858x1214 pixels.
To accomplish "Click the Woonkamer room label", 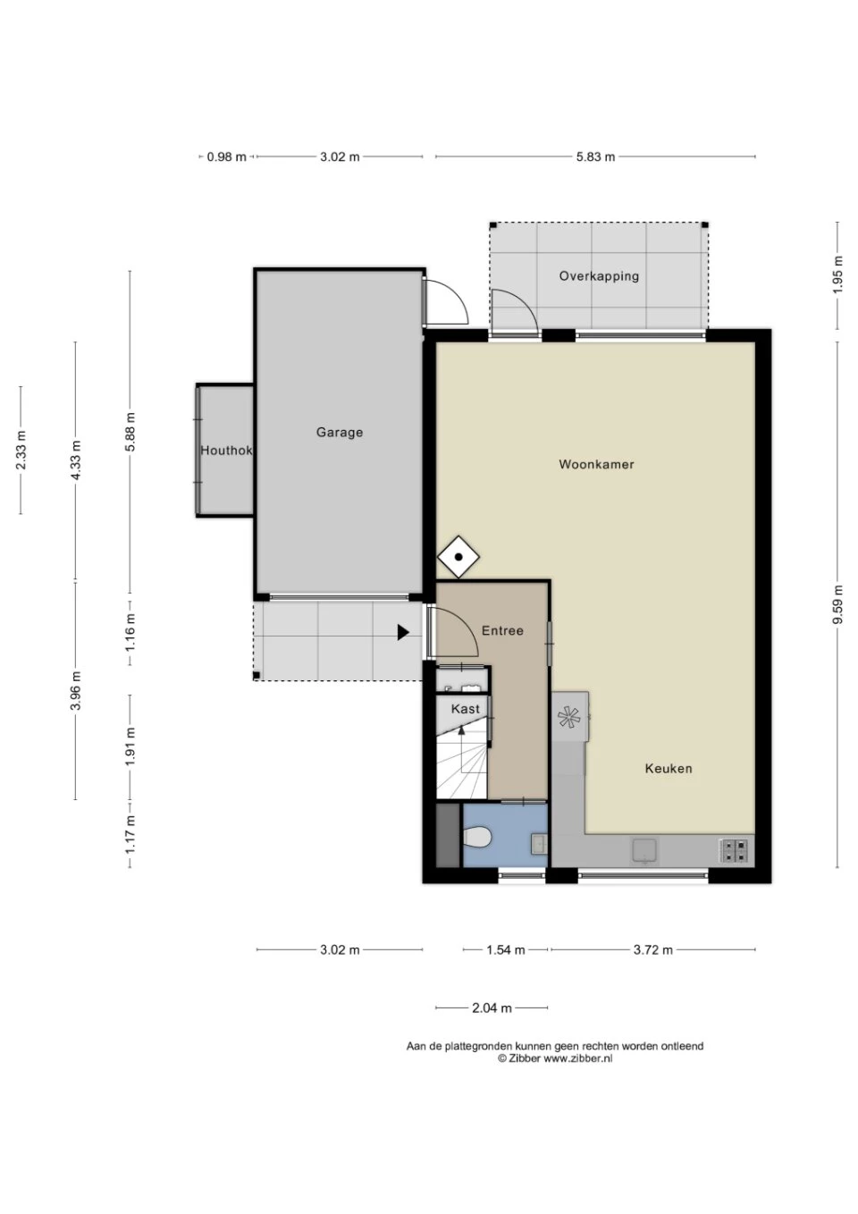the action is [596, 465].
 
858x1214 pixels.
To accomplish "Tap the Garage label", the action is [340, 433].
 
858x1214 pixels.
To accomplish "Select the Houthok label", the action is [226, 451].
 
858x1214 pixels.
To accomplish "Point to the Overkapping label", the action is [599, 276].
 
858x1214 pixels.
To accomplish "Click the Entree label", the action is [502, 631].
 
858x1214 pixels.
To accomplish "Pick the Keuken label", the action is [669, 769].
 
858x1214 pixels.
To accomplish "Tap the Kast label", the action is [466, 709].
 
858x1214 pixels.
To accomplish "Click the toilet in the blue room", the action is [477, 838].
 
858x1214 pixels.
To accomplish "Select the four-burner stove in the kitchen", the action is [734, 850].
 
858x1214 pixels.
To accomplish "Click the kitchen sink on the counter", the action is [644, 850].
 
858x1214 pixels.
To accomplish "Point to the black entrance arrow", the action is [403, 632].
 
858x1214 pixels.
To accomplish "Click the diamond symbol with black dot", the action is [458, 557].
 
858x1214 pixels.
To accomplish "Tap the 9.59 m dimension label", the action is [838, 604].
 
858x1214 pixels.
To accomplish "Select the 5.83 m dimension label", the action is [595, 157].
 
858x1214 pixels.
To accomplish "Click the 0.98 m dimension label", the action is [226, 157].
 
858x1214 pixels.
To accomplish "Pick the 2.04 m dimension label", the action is [492, 993].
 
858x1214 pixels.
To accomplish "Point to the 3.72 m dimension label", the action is [652, 949].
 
